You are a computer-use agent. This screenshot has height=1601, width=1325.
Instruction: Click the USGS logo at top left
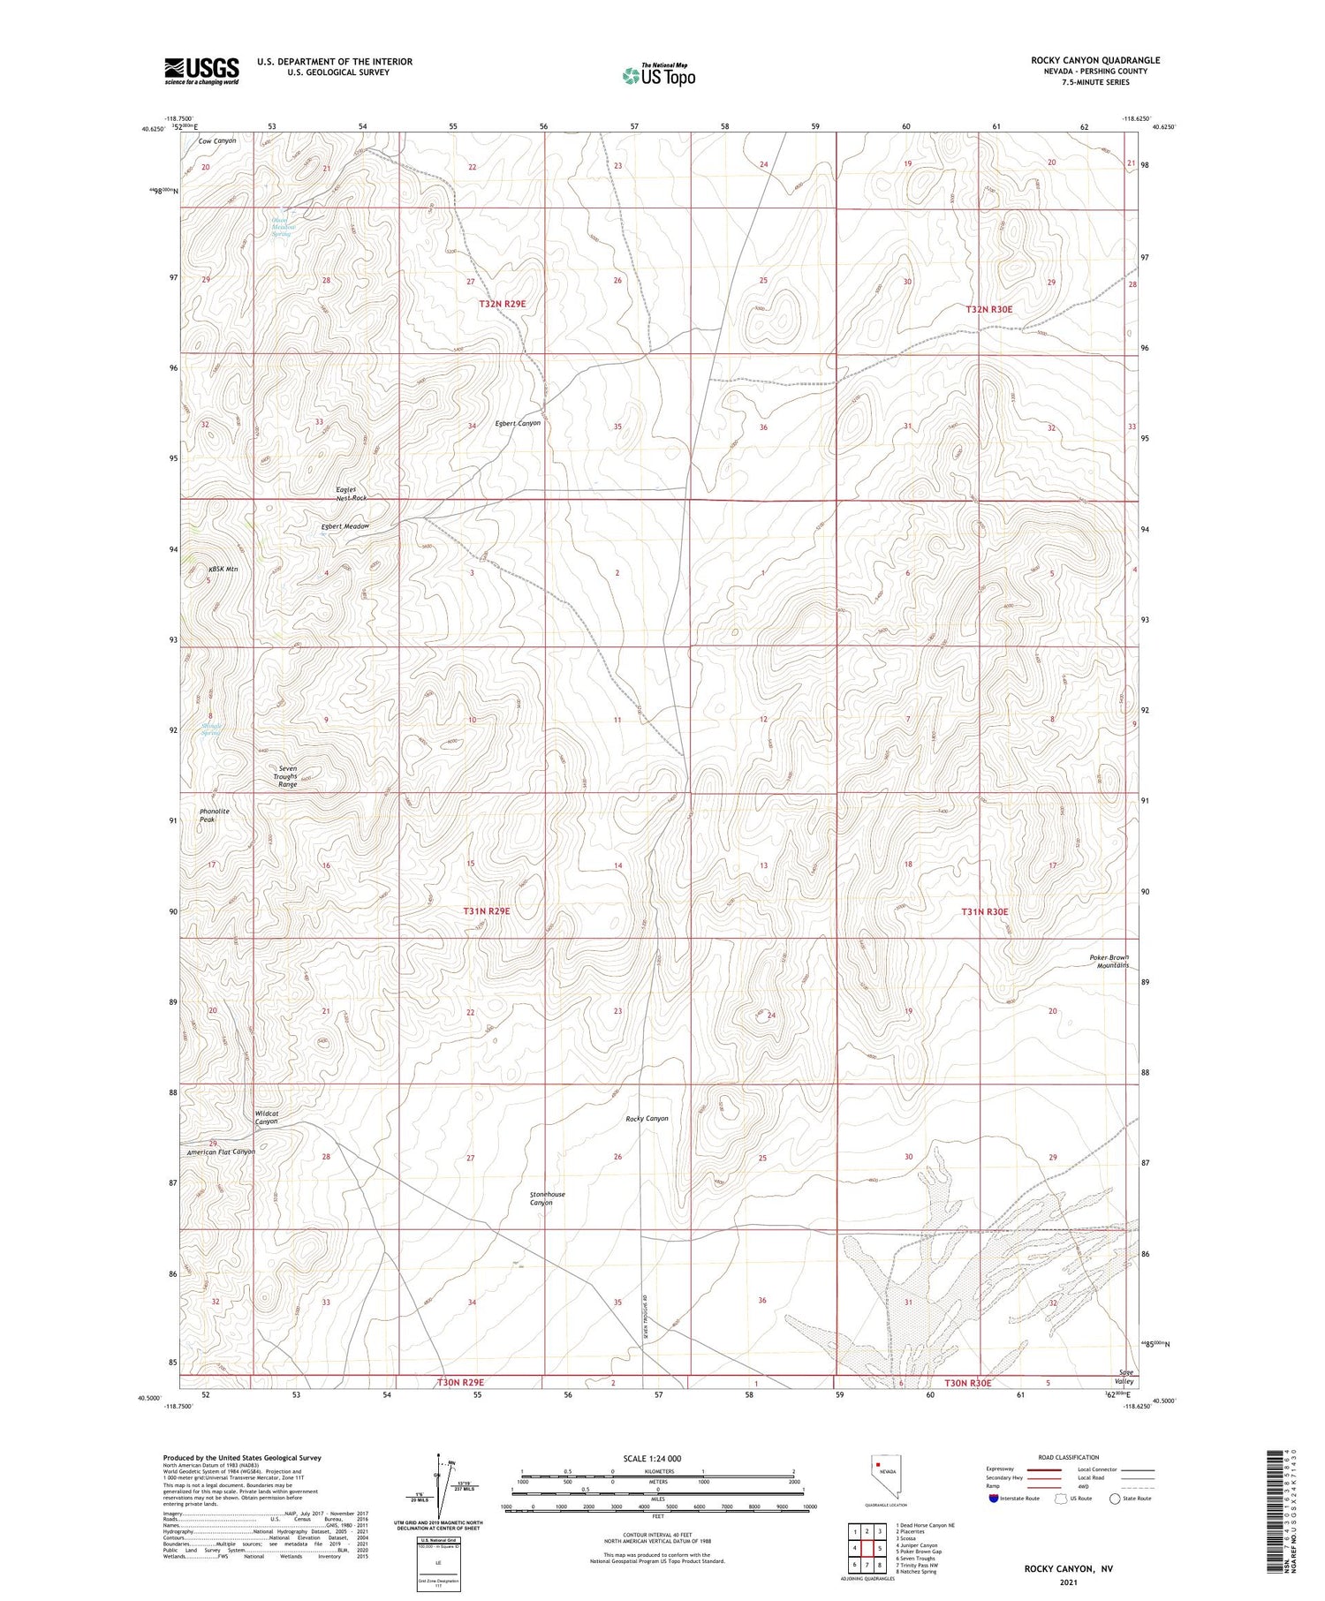tap(201, 71)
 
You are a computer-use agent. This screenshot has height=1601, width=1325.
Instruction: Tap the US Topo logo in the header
tap(659, 76)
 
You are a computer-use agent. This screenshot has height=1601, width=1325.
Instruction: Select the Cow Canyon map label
tap(217, 141)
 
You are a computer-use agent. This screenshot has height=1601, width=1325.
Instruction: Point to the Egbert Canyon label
tap(517, 424)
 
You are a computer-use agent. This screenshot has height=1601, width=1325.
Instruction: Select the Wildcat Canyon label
tap(267, 1117)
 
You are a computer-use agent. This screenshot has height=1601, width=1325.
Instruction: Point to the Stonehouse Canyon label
tap(547, 1198)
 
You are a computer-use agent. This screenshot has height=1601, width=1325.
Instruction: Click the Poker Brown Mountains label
tap(1109, 961)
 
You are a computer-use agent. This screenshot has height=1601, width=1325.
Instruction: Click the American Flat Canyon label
tap(221, 1152)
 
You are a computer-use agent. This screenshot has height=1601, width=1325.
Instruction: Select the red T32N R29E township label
tap(502, 304)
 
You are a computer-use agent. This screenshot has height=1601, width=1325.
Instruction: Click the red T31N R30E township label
tap(984, 911)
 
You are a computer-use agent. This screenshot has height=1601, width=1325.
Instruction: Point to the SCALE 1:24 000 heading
tap(652, 1458)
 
